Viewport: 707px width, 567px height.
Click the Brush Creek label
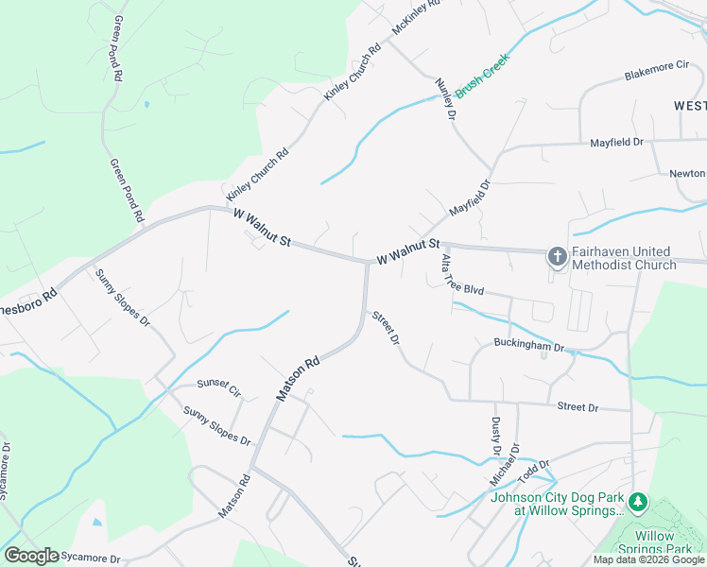(x=482, y=75)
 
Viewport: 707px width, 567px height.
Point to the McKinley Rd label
(x=416, y=17)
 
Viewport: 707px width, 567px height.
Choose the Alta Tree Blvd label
(x=462, y=278)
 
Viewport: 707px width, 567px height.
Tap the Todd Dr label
(x=534, y=469)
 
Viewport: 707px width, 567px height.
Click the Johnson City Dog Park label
(x=557, y=504)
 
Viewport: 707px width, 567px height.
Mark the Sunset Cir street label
(x=219, y=387)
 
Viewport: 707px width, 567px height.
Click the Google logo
(x=31, y=556)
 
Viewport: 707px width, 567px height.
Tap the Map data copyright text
(x=649, y=559)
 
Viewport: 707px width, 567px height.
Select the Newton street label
(x=687, y=174)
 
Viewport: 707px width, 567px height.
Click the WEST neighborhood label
(x=690, y=106)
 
